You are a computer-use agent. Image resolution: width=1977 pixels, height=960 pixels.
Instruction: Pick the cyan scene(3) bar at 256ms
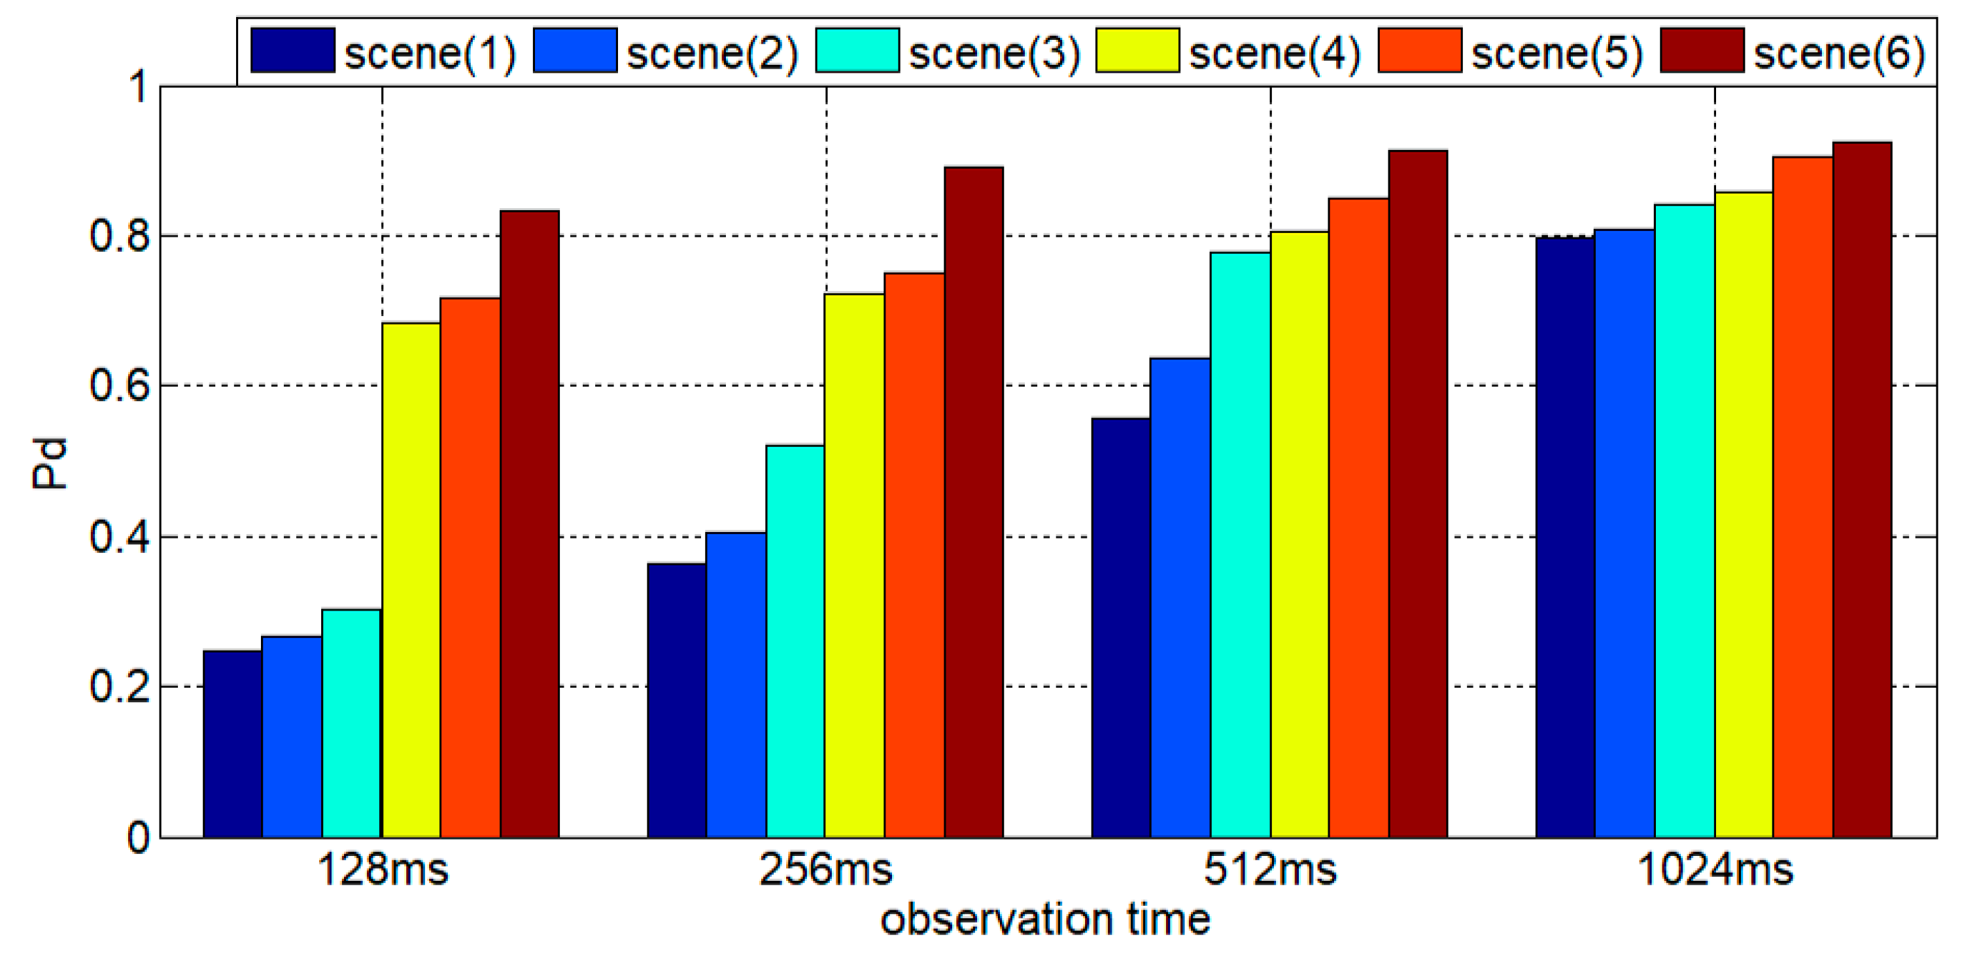click(795, 641)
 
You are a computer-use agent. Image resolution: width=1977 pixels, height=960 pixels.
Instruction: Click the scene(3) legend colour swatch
click(857, 50)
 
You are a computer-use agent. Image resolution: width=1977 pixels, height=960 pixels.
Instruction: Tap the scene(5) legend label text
click(1557, 53)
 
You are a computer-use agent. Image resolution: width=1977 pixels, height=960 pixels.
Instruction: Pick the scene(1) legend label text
click(430, 53)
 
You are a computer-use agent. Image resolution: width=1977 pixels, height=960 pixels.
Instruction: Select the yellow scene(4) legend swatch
click(1137, 50)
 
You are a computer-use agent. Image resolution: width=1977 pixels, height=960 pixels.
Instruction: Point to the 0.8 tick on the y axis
click(119, 236)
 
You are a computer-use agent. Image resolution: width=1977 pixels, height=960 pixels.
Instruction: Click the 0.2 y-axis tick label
click(119, 686)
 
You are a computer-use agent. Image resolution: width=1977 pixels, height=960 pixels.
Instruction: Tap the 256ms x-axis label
click(826, 870)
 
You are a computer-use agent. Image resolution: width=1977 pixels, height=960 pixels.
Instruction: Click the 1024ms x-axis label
click(1715, 870)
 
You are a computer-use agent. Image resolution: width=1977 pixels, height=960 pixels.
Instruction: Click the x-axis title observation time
click(1045, 920)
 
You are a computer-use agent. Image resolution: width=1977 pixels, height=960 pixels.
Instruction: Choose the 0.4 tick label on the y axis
click(119, 536)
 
